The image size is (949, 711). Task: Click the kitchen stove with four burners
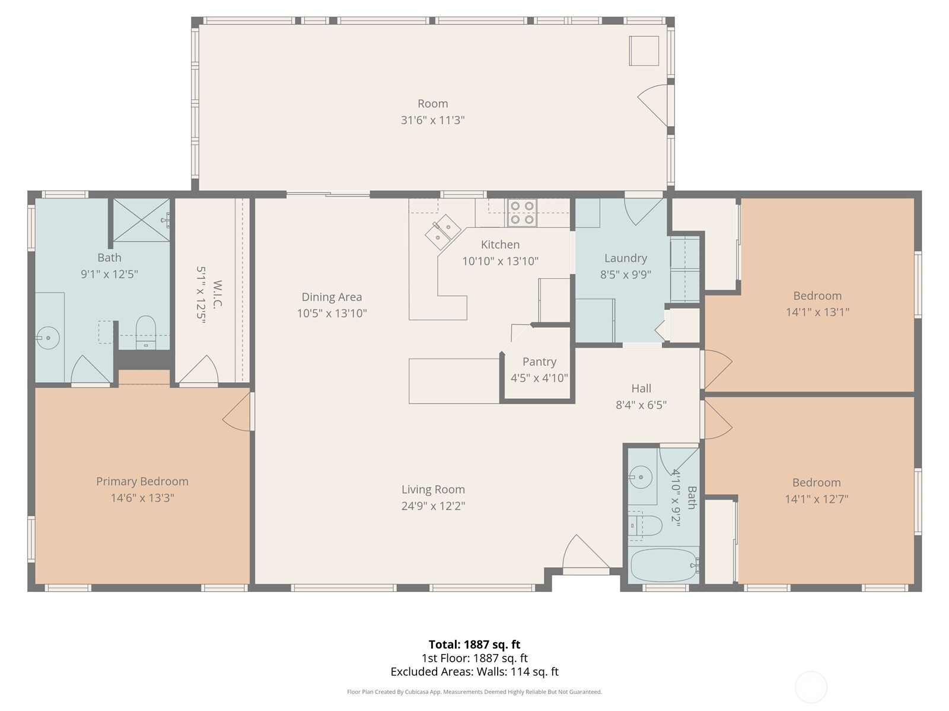point(522,213)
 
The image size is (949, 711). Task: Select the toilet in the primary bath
point(146,332)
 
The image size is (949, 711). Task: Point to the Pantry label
point(539,362)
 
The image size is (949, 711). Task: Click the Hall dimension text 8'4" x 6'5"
point(641,405)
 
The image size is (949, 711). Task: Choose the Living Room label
point(433,489)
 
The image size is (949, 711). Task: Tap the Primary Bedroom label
point(142,481)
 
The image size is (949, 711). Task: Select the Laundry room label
point(626,258)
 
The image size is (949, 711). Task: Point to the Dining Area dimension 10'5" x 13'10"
point(332,313)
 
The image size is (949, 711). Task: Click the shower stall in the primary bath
point(141,220)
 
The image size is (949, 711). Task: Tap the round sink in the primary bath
point(47,338)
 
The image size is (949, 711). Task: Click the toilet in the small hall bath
point(645,526)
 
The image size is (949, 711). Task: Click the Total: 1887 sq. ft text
point(474,645)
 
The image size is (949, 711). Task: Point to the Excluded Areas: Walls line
point(474,672)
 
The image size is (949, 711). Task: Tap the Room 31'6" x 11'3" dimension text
point(433,120)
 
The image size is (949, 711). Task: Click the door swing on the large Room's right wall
point(653,105)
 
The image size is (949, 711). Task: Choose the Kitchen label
point(500,245)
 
